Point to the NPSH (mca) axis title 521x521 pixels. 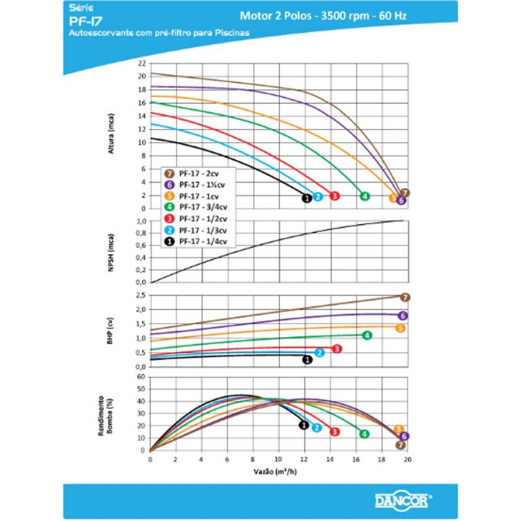coord(113,251)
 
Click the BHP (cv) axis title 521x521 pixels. coord(113,330)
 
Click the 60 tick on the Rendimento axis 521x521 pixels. coord(141,376)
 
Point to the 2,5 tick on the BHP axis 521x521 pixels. coord(141,296)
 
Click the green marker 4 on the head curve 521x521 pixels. coord(365,196)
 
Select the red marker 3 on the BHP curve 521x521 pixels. coord(337,349)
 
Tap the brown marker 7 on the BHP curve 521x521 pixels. coord(405,297)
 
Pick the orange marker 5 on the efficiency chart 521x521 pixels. coord(399,429)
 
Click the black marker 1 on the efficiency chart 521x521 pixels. coord(303,425)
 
